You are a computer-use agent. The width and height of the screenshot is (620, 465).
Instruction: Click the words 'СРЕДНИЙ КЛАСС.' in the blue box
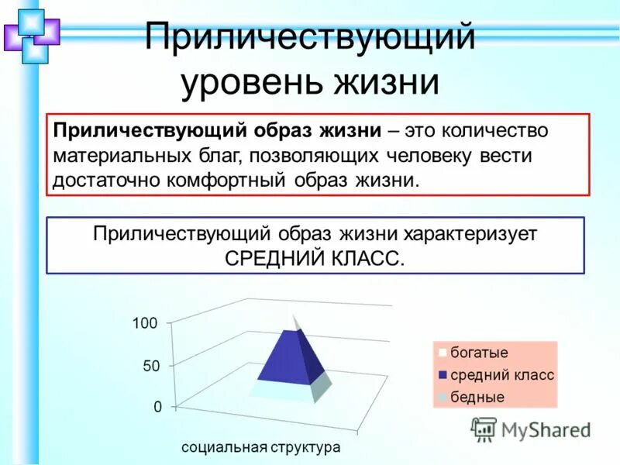(x=315, y=258)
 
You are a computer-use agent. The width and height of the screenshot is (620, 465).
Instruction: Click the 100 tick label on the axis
(x=145, y=323)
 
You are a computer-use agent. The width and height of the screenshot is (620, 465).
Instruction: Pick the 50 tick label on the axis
(x=150, y=366)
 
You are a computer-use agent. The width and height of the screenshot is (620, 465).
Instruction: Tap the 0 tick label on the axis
(x=157, y=407)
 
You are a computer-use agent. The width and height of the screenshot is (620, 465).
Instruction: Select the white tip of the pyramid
(x=295, y=322)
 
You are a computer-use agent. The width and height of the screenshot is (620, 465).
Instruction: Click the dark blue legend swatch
(x=443, y=375)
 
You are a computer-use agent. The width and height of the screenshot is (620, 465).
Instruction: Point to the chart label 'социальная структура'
(x=261, y=448)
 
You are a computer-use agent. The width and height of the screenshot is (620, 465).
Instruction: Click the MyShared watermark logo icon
(x=484, y=429)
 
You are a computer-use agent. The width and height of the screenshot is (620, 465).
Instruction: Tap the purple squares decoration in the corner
(x=31, y=33)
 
